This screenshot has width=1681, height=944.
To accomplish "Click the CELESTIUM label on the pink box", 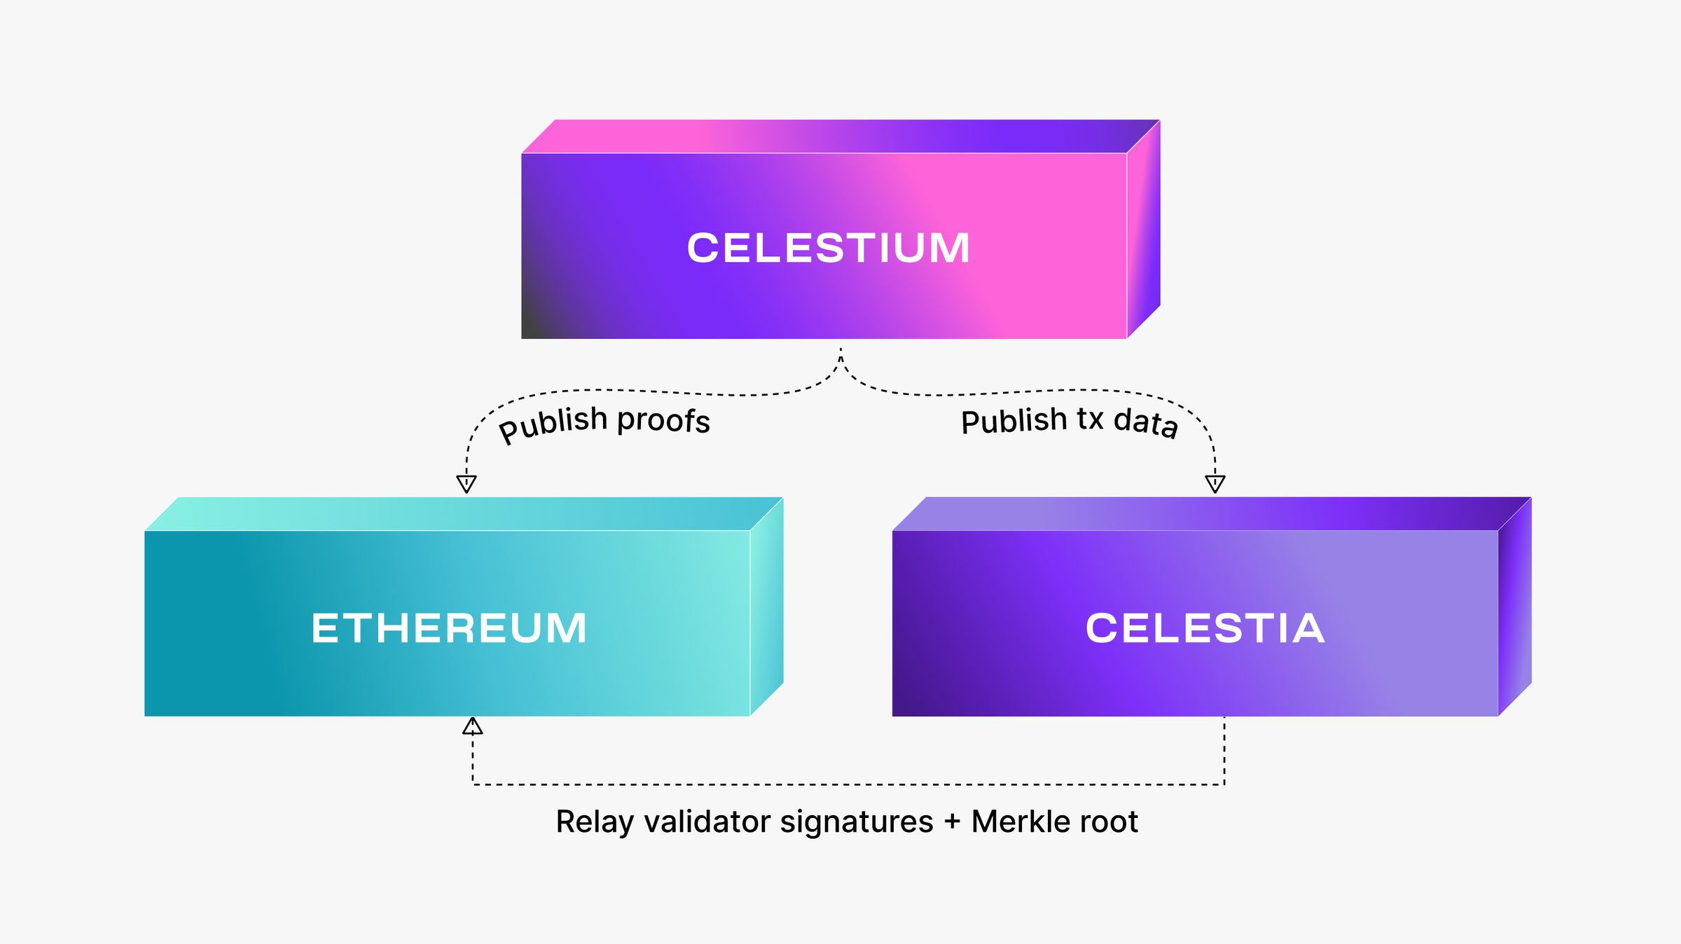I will [x=829, y=248].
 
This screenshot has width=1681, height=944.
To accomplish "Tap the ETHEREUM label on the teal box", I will [x=449, y=627].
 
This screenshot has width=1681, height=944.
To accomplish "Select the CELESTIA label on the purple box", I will [x=1205, y=627].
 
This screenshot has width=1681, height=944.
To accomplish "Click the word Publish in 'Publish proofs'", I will [x=553, y=424].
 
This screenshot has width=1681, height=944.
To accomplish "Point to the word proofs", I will [x=663, y=420].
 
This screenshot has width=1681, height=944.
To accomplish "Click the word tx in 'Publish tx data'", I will [x=1090, y=419].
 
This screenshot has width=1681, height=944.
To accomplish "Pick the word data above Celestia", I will [x=1146, y=422].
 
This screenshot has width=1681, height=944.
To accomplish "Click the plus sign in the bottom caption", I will [x=952, y=822].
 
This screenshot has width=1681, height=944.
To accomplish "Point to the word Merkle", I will [x=1016, y=821].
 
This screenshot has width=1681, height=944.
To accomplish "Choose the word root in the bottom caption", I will [x=1112, y=821].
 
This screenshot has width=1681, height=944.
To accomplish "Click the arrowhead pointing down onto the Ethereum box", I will [x=466, y=483].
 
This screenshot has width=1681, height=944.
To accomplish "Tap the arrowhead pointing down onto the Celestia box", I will [x=1215, y=483].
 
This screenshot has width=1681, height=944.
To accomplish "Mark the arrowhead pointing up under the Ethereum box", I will [x=473, y=726].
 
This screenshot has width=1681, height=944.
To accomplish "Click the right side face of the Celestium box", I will [x=1144, y=229].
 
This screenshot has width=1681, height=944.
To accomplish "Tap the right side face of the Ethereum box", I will [x=767, y=606].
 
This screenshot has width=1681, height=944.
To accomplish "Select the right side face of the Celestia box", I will [x=1515, y=606].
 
